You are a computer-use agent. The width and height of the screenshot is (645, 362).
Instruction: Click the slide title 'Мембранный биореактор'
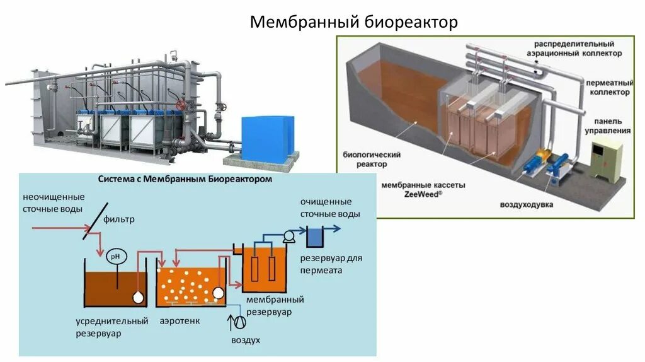click(x=353, y=22)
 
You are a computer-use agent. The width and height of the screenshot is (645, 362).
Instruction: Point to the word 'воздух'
click(x=245, y=340)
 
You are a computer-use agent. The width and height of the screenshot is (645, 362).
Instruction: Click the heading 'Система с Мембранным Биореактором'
click(x=185, y=179)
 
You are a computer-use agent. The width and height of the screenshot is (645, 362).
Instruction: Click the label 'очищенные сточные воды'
click(x=330, y=207)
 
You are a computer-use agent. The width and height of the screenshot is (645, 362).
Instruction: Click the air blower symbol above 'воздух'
click(x=239, y=321)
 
